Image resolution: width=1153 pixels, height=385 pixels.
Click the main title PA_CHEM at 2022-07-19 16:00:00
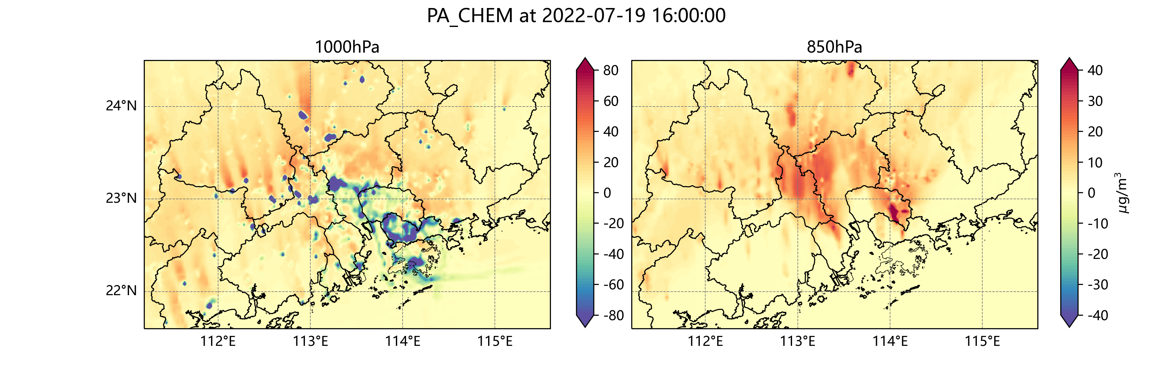576,16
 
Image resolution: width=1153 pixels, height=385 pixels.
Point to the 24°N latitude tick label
121,106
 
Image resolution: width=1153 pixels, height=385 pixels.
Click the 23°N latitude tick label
121,199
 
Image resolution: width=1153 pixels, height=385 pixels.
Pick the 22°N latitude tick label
121,291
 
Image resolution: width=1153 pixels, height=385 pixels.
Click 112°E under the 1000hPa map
218,341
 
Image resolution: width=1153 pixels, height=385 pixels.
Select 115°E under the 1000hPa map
495,341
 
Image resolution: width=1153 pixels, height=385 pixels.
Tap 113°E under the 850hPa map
797,341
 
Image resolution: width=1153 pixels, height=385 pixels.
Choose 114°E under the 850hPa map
890,341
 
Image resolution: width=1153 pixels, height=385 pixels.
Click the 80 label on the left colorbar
610,70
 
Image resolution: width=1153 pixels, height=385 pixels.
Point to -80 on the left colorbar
613,315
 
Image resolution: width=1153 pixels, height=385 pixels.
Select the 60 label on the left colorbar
610,101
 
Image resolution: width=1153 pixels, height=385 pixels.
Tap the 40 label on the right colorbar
1095,70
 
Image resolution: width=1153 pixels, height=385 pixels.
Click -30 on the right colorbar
1098,285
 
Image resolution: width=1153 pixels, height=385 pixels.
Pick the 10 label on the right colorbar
1095,162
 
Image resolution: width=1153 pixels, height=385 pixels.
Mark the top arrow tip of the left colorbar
585,59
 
